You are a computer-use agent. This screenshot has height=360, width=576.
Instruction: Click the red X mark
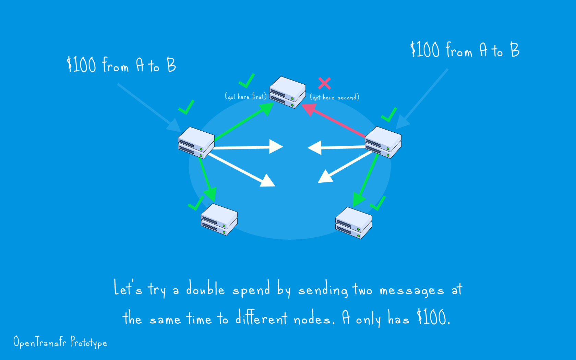pyautogui.click(x=324, y=83)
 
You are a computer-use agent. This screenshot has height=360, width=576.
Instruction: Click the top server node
pyautogui.click(x=287, y=92)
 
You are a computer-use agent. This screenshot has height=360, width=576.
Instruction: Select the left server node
pyautogui.click(x=196, y=143)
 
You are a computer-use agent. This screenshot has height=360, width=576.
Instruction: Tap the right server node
pyautogui.click(x=383, y=142)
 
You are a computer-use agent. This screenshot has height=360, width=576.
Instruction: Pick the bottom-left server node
pyautogui.click(x=219, y=219)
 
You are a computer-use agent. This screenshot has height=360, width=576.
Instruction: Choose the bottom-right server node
pyautogui.click(x=353, y=223)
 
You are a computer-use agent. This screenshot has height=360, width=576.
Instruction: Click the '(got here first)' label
pyautogui.click(x=245, y=97)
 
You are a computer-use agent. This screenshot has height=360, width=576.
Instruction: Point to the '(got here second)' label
pyautogui.click(x=334, y=97)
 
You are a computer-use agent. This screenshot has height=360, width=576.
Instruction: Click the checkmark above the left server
pyautogui.click(x=187, y=108)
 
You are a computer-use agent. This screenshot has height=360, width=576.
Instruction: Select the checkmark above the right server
pyautogui.click(x=389, y=115)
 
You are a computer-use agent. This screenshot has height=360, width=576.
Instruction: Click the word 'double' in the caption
pyautogui.click(x=205, y=289)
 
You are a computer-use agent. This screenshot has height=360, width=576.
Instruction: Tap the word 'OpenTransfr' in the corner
pyautogui.click(x=40, y=342)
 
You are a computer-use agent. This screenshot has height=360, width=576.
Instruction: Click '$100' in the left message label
pyautogui.click(x=81, y=64)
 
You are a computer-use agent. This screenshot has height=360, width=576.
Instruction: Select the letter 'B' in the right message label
pyautogui.click(x=515, y=49)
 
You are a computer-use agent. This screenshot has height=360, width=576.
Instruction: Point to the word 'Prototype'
pyautogui.click(x=89, y=342)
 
